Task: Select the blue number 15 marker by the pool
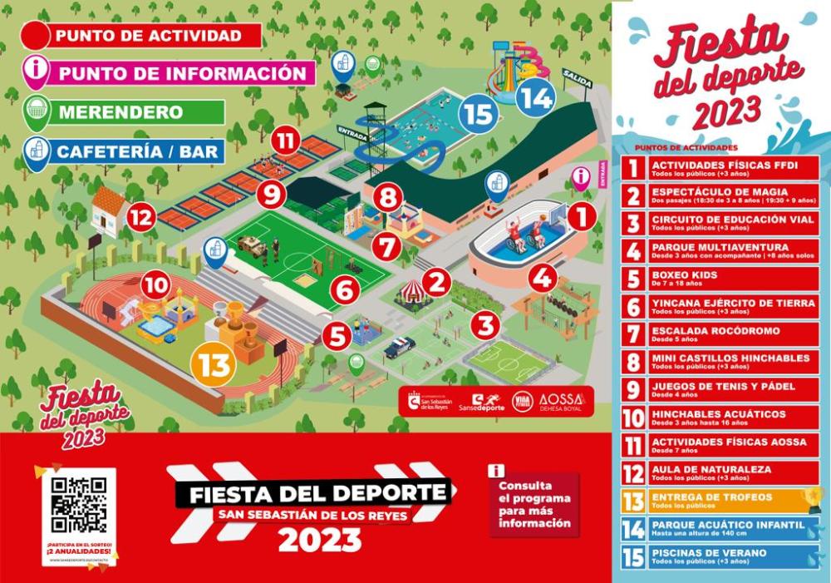[x=479, y=113]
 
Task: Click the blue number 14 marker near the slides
[x=535, y=98]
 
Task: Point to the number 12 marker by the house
[x=142, y=220]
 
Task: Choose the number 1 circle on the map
[x=581, y=217]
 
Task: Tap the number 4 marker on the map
[x=543, y=276]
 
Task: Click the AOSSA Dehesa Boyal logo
[x=562, y=401]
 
